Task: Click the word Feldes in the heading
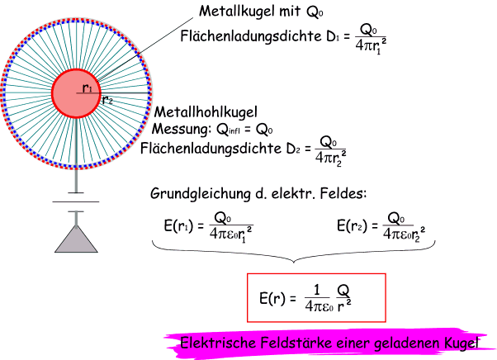[345, 195]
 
